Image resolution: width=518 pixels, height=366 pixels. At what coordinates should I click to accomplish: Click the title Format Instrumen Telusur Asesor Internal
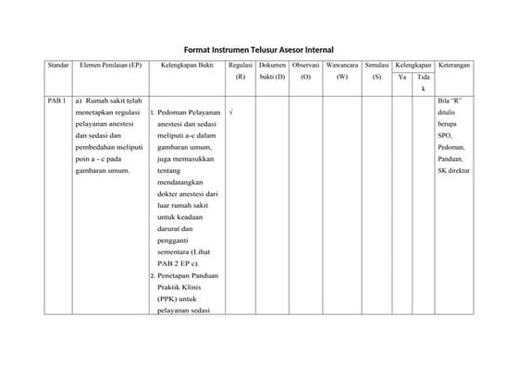click(258, 48)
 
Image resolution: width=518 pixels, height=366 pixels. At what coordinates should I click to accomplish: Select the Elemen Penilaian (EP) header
click(111, 66)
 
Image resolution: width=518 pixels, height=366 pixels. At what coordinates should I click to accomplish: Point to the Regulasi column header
click(240, 66)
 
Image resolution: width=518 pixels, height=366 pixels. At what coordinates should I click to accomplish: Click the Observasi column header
click(305, 66)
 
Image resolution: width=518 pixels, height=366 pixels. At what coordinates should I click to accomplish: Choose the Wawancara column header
click(341, 66)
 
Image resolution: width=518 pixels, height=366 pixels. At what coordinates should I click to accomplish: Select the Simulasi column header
click(376, 66)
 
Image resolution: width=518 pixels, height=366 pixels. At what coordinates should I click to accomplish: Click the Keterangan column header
click(454, 66)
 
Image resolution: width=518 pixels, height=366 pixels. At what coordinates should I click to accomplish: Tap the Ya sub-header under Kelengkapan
click(402, 78)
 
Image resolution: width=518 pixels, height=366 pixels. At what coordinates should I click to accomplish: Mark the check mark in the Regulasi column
click(230, 113)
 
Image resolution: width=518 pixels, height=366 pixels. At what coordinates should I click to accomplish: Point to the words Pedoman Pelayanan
click(188, 113)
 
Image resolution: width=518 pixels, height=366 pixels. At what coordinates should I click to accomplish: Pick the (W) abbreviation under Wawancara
click(341, 78)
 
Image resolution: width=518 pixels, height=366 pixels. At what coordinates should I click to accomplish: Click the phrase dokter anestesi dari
click(187, 194)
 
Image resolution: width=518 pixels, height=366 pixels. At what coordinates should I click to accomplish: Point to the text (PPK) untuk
click(177, 299)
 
